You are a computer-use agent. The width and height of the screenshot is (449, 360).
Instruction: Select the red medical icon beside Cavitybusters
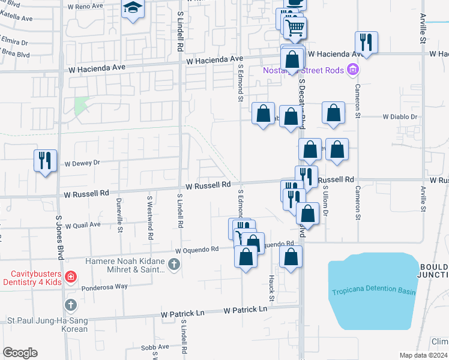[70, 276]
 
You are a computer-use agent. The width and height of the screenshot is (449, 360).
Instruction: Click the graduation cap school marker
[131, 8]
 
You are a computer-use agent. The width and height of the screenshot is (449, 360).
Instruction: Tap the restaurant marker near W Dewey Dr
[45, 160]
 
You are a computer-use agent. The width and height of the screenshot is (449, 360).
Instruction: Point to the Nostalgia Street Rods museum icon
[354, 71]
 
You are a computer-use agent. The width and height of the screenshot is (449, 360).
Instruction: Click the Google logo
[20, 353]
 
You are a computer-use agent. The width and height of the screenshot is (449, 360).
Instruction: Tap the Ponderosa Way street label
[104, 287]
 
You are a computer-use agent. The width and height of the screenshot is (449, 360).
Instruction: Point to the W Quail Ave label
[83, 226]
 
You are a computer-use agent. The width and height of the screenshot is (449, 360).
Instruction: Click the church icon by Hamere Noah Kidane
[173, 263]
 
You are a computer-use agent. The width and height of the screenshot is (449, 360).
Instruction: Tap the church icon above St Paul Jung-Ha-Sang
[70, 305]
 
